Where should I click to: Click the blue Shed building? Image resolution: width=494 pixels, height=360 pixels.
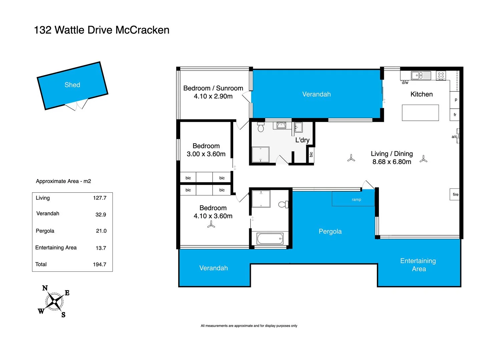(x=72, y=85)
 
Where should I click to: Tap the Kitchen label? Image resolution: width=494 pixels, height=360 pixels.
(x=421, y=94)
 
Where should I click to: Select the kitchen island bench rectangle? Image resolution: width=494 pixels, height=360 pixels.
(x=420, y=113)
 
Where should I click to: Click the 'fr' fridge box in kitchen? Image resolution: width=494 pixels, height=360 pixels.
(x=455, y=115)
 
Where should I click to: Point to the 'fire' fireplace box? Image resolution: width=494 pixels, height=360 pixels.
(x=455, y=194)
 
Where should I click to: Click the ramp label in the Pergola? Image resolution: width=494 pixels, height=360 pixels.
(x=356, y=200)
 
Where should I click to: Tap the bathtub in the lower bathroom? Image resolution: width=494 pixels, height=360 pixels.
(x=270, y=239)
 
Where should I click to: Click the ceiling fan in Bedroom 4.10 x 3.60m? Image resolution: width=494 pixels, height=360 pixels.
(x=211, y=225)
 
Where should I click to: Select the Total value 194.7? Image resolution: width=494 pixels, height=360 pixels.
(x=99, y=264)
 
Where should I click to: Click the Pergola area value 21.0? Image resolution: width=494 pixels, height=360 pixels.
(x=101, y=231)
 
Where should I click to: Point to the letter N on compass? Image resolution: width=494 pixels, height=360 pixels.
(x=45, y=288)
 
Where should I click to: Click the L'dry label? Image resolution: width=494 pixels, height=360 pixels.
(x=302, y=140)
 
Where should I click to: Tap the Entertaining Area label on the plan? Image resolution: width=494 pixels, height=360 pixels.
(x=418, y=265)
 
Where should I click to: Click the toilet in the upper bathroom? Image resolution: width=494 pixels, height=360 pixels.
(x=261, y=127)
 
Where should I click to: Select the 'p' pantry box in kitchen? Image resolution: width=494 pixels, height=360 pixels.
(x=456, y=100)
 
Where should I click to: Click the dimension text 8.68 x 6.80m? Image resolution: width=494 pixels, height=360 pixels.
(x=392, y=162)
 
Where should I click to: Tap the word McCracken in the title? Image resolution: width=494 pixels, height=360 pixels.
(x=142, y=30)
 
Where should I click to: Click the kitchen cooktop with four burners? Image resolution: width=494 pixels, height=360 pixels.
(x=441, y=76)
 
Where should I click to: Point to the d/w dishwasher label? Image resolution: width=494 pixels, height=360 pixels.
(x=405, y=83)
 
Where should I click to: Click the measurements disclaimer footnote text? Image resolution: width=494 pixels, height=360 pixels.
(x=249, y=326)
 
